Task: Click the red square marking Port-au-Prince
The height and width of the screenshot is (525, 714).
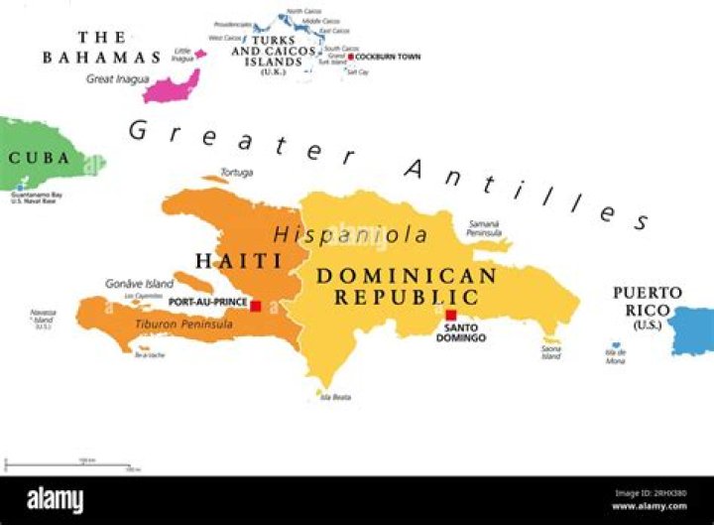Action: point(256,306)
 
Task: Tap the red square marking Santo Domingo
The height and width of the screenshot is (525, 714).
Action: point(451,315)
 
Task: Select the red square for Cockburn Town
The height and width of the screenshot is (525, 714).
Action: point(350,57)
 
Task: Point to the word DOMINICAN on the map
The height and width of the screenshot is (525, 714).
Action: point(406,276)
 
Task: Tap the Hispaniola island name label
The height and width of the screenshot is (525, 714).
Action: point(351,235)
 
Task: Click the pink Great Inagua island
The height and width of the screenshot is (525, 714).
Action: point(171,86)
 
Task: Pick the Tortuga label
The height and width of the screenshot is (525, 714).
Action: point(236,173)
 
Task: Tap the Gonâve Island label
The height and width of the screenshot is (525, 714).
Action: point(139,284)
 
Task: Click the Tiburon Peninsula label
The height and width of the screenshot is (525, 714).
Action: point(183,325)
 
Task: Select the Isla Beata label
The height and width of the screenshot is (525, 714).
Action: point(335,397)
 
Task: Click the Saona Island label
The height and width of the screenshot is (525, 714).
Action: point(551,352)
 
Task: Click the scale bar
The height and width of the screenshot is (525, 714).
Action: point(69,462)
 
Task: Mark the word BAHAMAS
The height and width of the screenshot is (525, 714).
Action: point(101,58)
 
